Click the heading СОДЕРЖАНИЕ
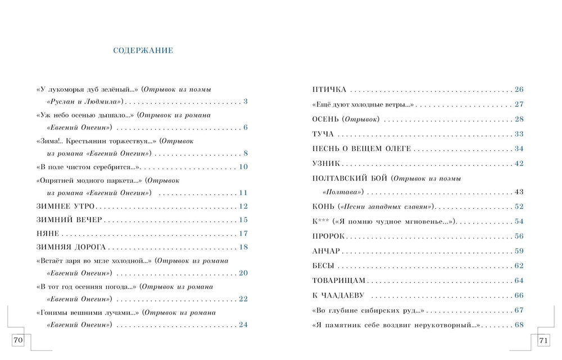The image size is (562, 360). pos(143,51)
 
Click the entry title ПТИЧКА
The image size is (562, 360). pos(329,89)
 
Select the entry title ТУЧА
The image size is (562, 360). pos(323,134)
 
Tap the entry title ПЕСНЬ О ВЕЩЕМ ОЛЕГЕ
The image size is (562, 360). pos(361,148)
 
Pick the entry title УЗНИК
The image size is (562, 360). pos(326,163)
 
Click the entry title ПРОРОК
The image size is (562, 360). pos(328,236)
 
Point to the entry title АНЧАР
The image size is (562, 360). pos(326,251)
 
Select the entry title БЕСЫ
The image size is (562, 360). pos(323,265)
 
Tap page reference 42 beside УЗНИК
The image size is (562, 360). pos(519,163)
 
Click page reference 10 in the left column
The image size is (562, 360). pos(243,167)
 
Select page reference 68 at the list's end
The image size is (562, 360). pos(519,325)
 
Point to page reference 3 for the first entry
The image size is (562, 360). pos(246,102)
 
